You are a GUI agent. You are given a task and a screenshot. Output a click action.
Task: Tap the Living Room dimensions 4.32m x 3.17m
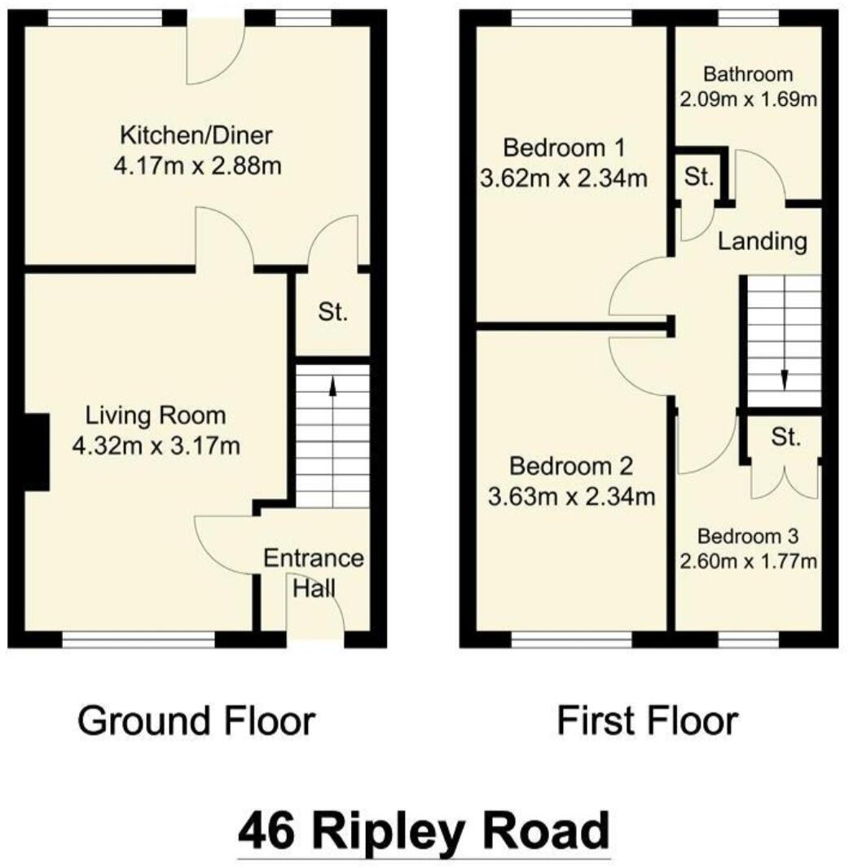(156, 447)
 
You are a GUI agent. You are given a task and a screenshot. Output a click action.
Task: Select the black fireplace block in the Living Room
(36, 451)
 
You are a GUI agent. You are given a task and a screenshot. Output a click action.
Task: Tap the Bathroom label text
(748, 75)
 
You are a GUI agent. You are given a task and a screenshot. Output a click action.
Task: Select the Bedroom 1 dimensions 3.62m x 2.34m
(565, 178)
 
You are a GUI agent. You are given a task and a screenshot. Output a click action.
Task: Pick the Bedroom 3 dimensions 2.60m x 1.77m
(748, 561)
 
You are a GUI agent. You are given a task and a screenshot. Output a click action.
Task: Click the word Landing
(763, 241)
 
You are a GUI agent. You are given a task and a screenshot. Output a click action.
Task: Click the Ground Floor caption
(196, 721)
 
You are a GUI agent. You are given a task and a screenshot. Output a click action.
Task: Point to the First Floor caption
(648, 721)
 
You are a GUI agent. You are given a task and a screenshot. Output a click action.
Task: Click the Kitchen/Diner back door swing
(213, 55)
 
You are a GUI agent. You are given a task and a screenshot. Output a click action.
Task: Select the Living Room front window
(139, 641)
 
